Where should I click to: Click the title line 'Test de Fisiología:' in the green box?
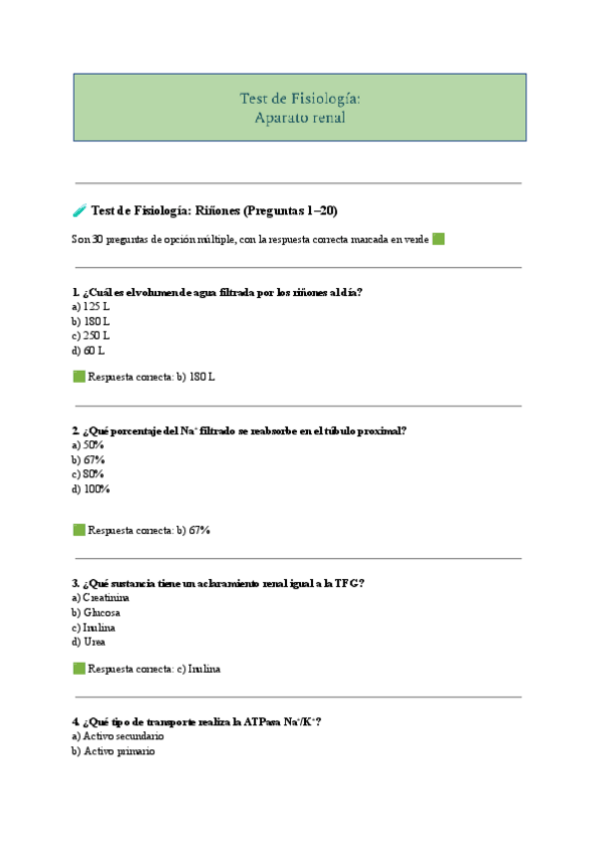pos(299,98)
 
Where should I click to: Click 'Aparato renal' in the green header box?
pos(299,117)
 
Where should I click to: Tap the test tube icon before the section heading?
pos(79,210)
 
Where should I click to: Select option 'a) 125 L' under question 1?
pos(90,307)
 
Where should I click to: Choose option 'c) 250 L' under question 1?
pos(90,336)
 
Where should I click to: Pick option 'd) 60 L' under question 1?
pos(88,351)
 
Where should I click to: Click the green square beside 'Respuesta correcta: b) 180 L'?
pos(79,377)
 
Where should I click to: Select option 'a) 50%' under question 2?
pos(88,445)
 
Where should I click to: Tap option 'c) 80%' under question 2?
pos(88,474)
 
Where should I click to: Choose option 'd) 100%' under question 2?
pos(91,489)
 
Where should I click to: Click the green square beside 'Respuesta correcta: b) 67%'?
pos(79,530)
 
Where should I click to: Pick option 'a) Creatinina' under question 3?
pos(101,598)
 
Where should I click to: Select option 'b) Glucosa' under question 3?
pos(96,613)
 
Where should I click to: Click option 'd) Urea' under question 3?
pos(89,642)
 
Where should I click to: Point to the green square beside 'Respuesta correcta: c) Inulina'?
pos(79,669)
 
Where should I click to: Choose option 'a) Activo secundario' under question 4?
pos(118,736)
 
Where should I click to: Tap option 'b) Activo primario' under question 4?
pos(113,751)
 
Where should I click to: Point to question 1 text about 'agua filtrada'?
pos(217,292)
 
